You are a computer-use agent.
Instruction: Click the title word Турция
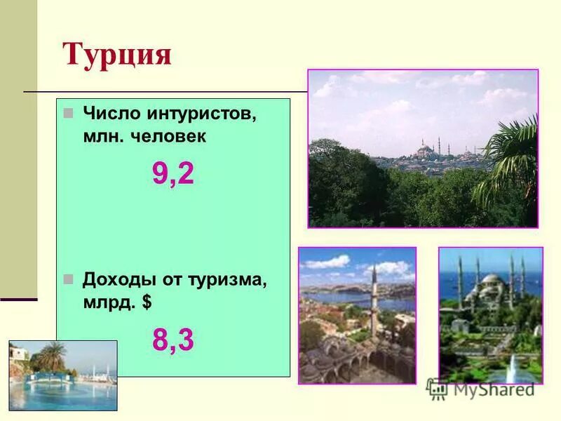click(x=117, y=54)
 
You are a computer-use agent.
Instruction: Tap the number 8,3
click(x=173, y=340)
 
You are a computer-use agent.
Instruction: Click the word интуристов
click(x=202, y=114)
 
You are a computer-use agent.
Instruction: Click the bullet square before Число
click(x=68, y=112)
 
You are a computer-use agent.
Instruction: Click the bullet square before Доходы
click(x=68, y=279)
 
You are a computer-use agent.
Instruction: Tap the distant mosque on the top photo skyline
click(x=424, y=149)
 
